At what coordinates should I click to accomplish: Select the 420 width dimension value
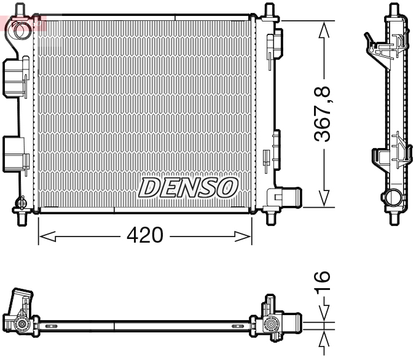tap(145, 235)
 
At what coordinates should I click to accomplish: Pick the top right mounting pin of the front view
tap(269, 11)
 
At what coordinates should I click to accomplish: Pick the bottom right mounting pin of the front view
tap(269, 216)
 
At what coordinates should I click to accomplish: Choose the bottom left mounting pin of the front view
tap(21, 216)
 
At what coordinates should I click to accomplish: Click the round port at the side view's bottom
tap(391, 198)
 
